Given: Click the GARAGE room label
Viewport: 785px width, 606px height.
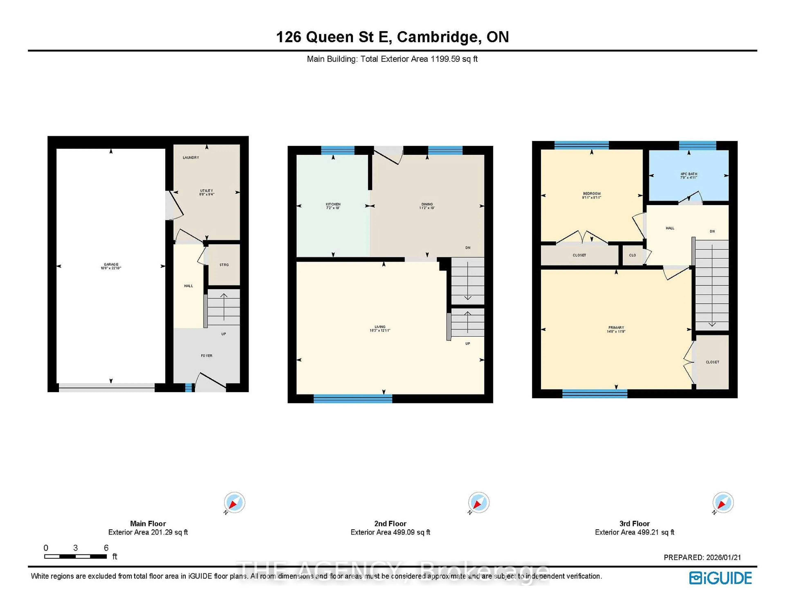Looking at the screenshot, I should tap(111, 265).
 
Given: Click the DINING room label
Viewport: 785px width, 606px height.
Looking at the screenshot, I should tap(427, 204).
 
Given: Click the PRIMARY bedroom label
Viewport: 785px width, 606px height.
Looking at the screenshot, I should tap(616, 328).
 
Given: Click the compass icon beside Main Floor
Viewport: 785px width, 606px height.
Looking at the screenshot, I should tap(234, 502).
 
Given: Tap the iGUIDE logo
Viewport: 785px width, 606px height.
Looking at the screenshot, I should tap(720, 578).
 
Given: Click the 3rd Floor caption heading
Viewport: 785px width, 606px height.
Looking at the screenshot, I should tap(634, 524).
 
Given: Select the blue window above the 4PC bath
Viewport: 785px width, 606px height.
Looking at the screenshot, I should tap(697, 145).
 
